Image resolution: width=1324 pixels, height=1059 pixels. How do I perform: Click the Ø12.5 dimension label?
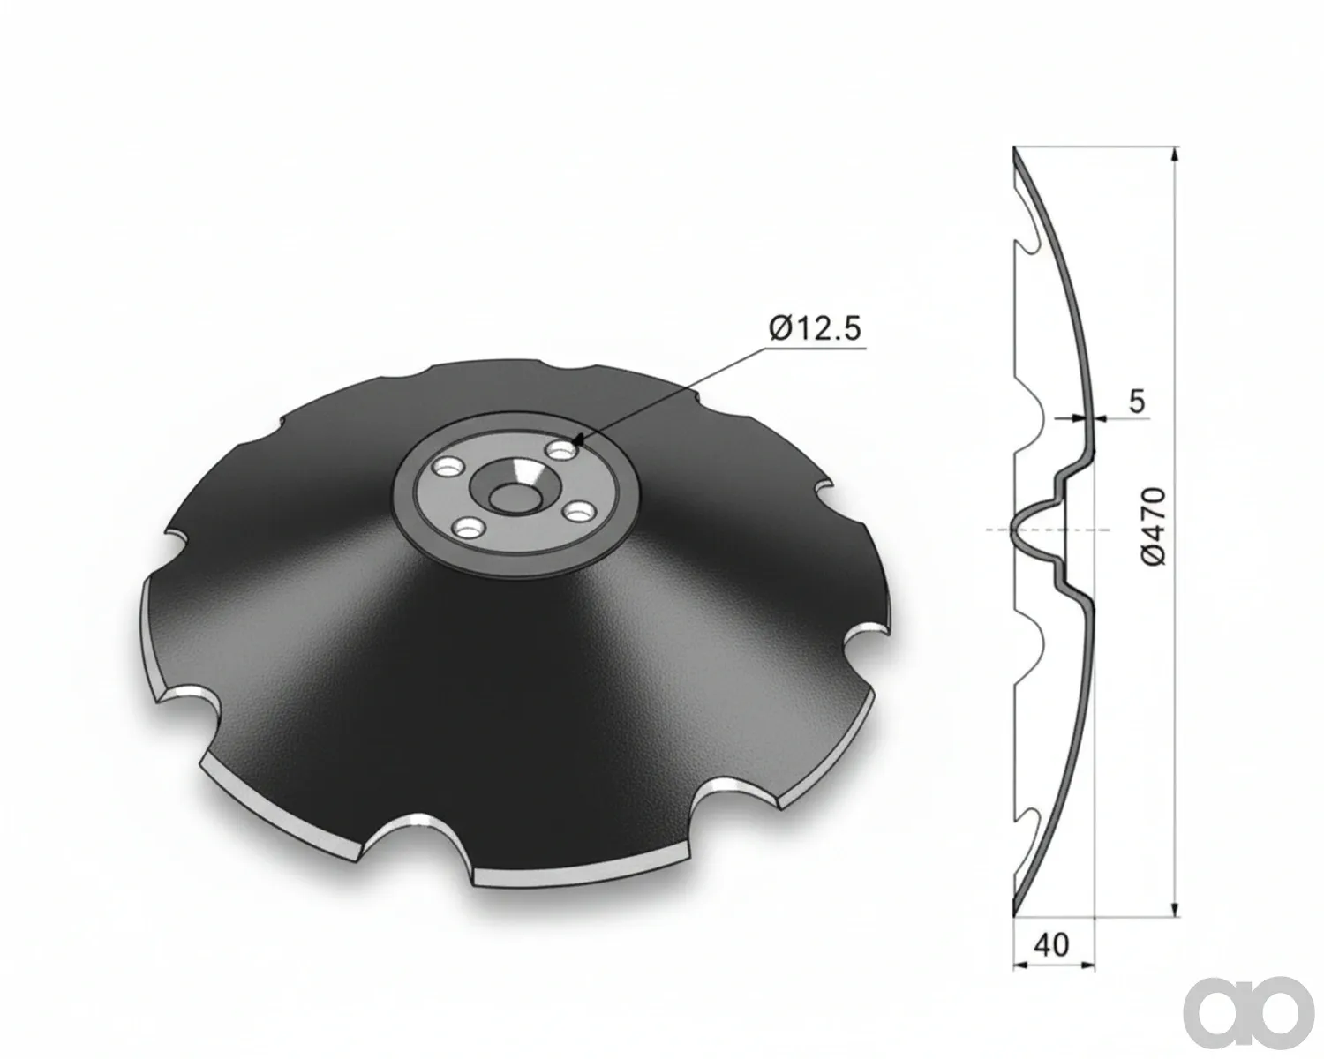click(x=816, y=328)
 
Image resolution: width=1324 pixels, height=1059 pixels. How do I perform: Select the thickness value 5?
click(x=1138, y=401)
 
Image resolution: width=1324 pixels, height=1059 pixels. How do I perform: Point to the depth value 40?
click(x=1051, y=943)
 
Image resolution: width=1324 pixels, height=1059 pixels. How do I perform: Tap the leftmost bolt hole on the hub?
click(x=448, y=467)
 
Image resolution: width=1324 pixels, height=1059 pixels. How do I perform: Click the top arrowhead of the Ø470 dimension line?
click(x=1175, y=154)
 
